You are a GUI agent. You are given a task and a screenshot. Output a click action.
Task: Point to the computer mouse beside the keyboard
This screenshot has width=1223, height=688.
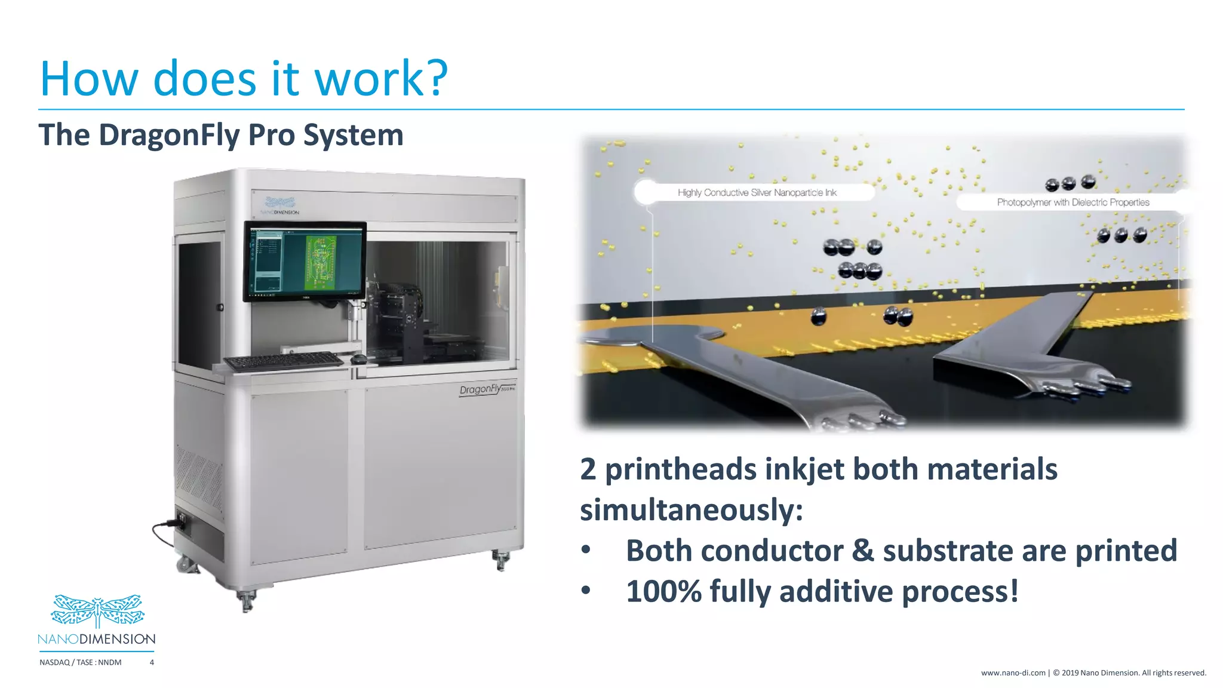tap(358, 358)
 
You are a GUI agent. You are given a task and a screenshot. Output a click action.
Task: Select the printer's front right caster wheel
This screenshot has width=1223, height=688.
tap(501, 560)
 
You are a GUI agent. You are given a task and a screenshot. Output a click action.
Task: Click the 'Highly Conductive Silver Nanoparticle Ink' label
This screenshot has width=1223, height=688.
tap(757, 193)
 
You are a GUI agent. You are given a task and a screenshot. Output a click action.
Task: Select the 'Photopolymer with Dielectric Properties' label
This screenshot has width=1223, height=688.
tap(1073, 202)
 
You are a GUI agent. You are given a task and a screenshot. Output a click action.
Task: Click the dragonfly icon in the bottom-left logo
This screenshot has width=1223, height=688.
tap(97, 610)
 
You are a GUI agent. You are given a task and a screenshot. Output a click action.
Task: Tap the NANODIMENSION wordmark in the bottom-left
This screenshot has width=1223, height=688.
tap(97, 639)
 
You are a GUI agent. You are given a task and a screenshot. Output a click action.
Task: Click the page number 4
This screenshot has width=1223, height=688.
tap(152, 662)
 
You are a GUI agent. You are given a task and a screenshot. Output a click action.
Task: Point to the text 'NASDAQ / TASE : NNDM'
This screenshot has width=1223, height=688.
tap(81, 662)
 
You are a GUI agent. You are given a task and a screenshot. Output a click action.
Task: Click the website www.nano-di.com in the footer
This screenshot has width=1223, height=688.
tap(1013, 673)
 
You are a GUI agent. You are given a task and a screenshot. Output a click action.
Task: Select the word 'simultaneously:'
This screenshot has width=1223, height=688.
tap(692, 510)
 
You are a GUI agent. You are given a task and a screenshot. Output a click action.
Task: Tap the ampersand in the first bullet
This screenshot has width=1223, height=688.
tap(863, 551)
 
